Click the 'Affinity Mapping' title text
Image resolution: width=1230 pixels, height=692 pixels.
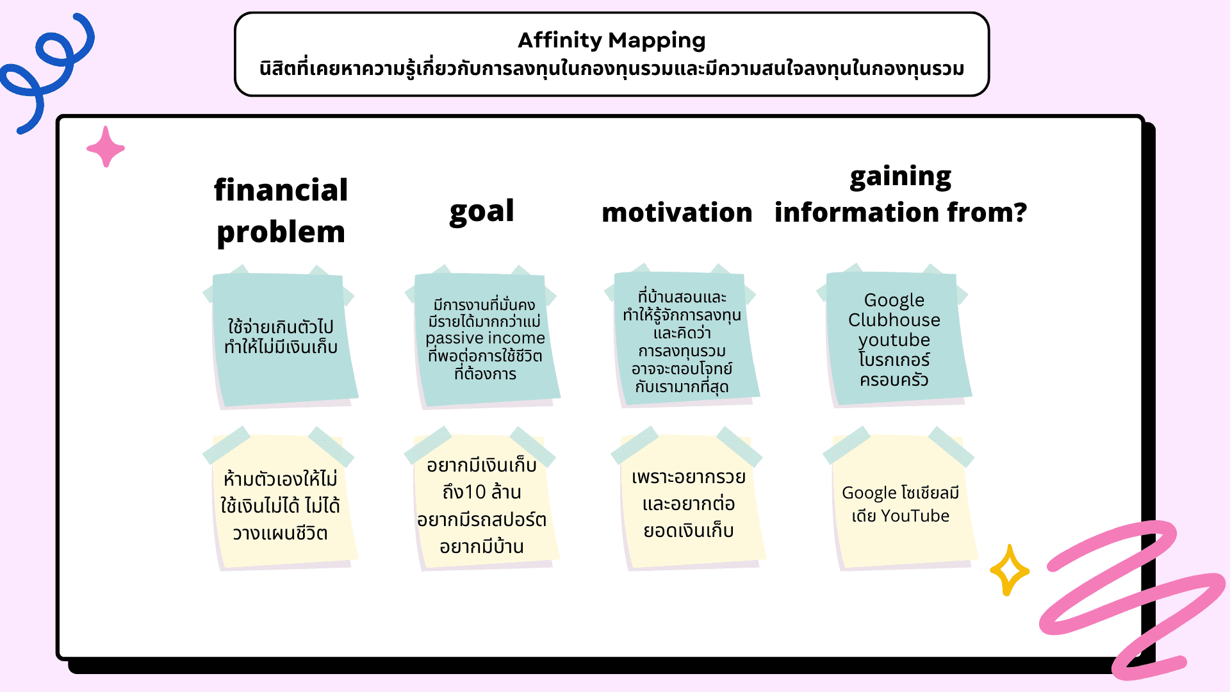611,40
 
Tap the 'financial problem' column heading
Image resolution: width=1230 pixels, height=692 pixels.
281,211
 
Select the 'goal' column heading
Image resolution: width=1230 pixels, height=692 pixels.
482,211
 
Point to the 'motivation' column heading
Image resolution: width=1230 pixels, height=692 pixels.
676,213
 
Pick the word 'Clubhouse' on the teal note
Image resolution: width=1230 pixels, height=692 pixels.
894,320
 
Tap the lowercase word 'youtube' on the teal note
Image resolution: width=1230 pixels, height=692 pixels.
894,340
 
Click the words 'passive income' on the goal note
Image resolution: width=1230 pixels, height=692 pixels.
485,338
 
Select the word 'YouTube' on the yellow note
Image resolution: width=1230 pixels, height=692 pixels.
915,516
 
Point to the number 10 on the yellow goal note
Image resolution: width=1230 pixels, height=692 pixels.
475,492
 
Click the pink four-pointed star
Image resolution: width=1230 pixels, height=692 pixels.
106,147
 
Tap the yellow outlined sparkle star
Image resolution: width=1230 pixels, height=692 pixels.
1009,570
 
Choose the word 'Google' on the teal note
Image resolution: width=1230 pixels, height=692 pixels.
894,300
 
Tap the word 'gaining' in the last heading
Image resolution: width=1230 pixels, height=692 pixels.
900,177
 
